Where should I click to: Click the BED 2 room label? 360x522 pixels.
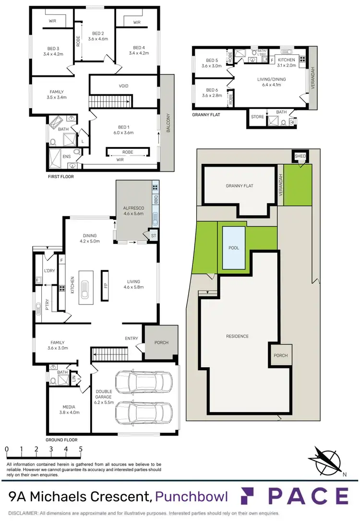click(98, 33)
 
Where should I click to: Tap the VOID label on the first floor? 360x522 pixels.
click(123, 86)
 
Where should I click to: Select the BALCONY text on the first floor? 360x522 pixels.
click(168, 123)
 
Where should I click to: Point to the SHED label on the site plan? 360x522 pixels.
click(300, 156)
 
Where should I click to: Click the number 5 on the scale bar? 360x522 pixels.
click(81, 449)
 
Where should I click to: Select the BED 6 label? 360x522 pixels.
click(212, 90)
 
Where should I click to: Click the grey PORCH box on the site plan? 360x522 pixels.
click(280, 356)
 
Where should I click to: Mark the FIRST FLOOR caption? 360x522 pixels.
click(61, 176)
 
